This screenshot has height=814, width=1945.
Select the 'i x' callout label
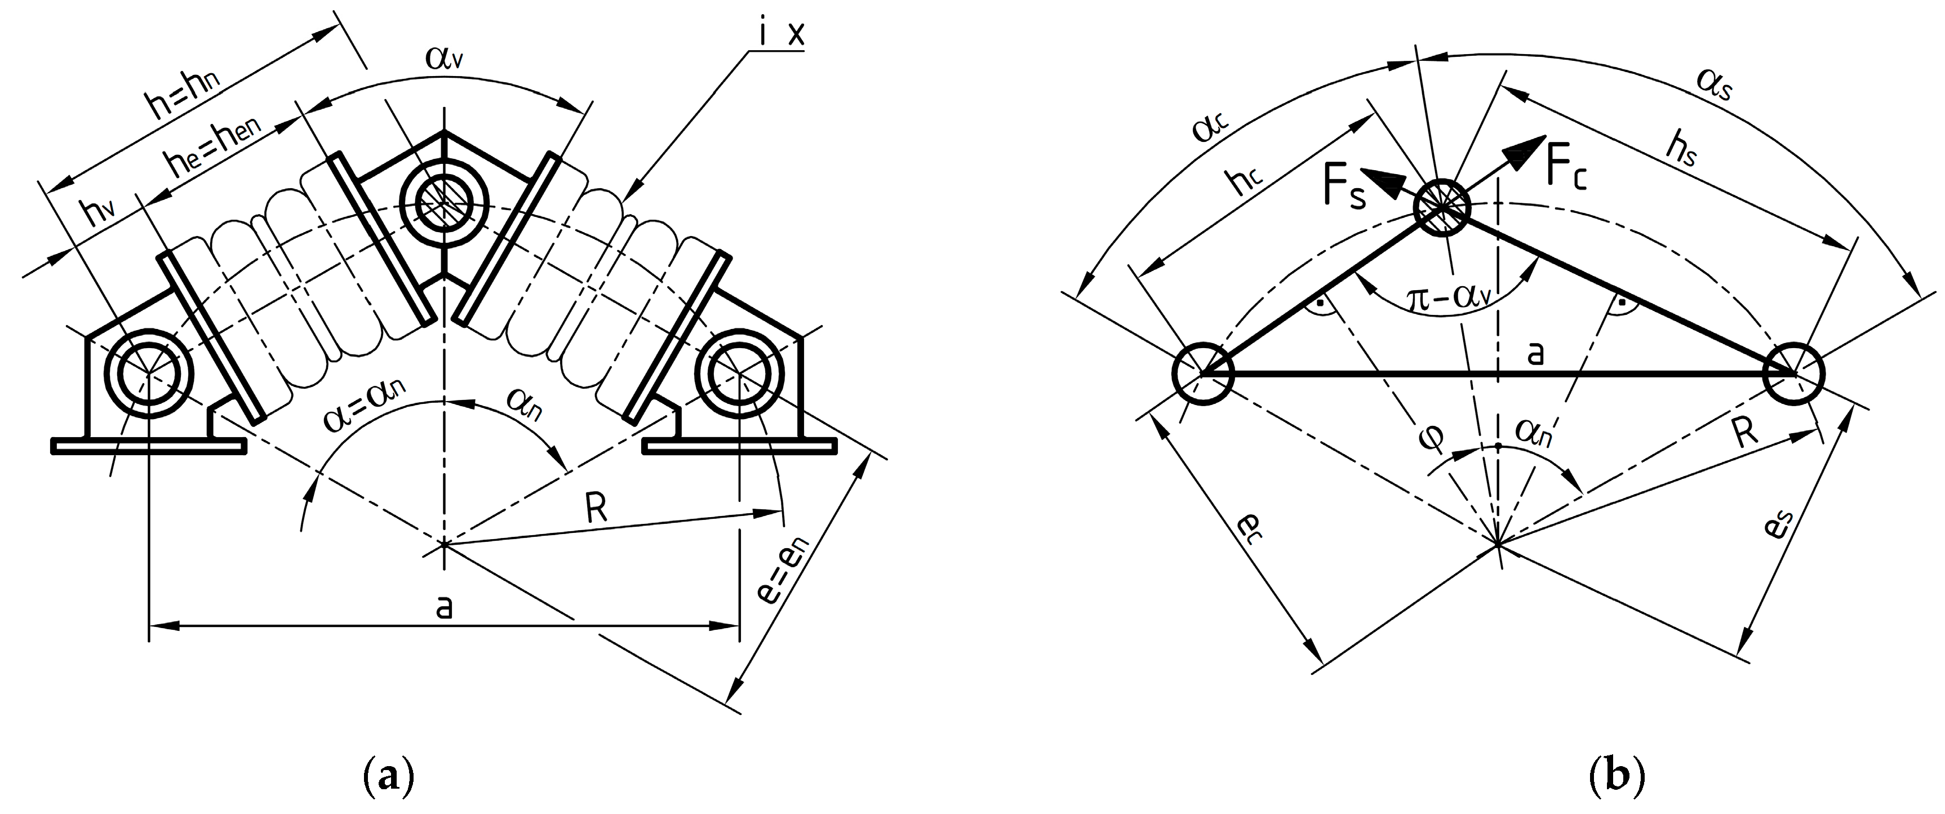[x=781, y=35]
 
